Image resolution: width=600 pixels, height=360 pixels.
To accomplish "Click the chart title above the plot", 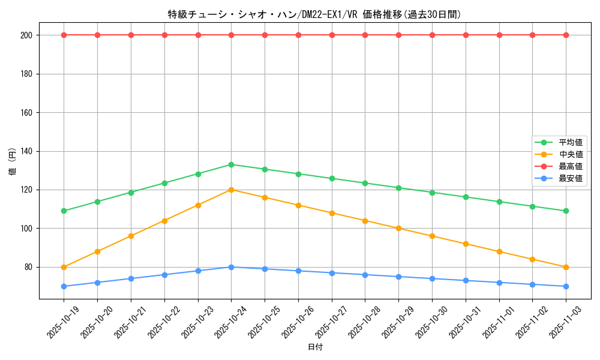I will coord(314,14).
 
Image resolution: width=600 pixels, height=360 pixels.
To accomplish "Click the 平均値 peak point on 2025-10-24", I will coord(231,164).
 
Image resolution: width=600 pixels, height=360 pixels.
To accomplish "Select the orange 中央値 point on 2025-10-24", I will coord(231,190).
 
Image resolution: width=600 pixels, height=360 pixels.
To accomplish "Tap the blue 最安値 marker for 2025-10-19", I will coord(64,286).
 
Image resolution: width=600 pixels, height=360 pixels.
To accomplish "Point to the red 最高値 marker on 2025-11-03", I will coord(566,35).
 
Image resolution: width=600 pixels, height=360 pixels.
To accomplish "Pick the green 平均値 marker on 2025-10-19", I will coord(64,211).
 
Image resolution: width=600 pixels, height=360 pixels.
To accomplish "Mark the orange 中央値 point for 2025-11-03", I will coord(566,267).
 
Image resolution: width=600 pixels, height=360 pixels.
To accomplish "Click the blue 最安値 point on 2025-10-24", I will coord(231,267).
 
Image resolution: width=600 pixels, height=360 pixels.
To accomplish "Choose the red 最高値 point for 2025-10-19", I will coord(64,35).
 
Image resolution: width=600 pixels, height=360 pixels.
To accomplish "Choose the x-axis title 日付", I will coord(315,347).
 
